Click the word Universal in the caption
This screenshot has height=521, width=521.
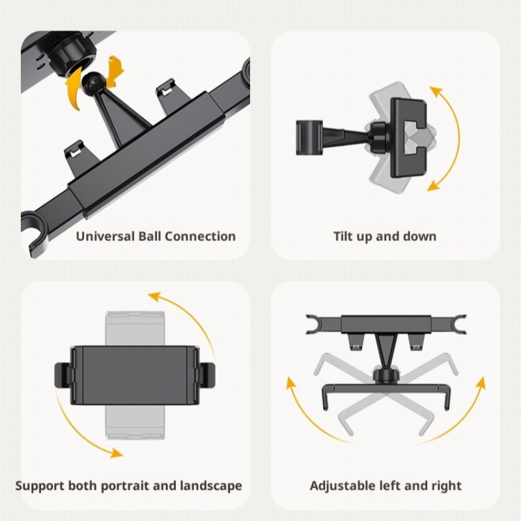[105, 236]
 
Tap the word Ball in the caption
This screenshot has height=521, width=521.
[150, 236]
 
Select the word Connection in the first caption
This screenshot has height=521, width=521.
[200, 236]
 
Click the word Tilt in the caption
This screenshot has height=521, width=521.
[343, 236]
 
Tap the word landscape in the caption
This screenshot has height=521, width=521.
[211, 486]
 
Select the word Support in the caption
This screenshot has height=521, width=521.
[40, 486]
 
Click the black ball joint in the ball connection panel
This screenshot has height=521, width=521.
[93, 81]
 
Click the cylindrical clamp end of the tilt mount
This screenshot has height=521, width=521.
[309, 137]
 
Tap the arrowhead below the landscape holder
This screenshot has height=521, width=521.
[117, 453]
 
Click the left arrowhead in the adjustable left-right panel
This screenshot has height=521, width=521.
[291, 382]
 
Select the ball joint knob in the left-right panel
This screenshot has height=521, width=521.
[385, 376]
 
